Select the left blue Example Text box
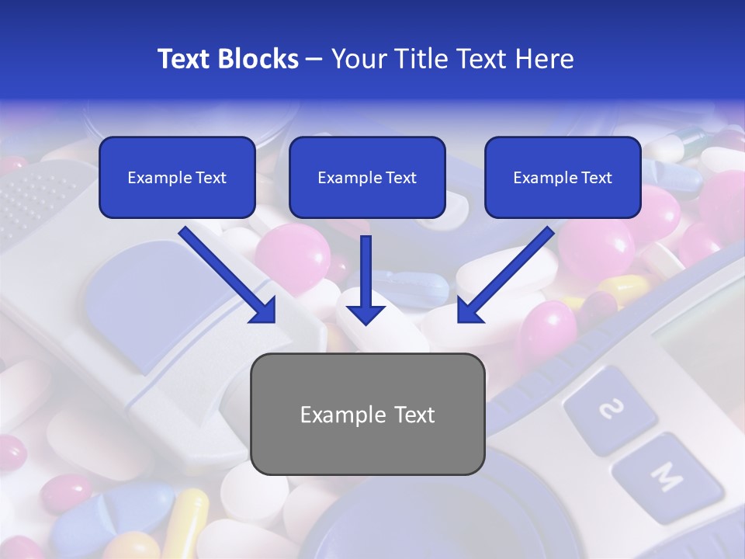[177, 178]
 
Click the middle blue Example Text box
[367, 178]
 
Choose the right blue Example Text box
[563, 178]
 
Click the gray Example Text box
[368, 415]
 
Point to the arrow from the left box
[230, 276]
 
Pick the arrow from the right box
[504, 276]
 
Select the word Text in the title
[187, 59]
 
